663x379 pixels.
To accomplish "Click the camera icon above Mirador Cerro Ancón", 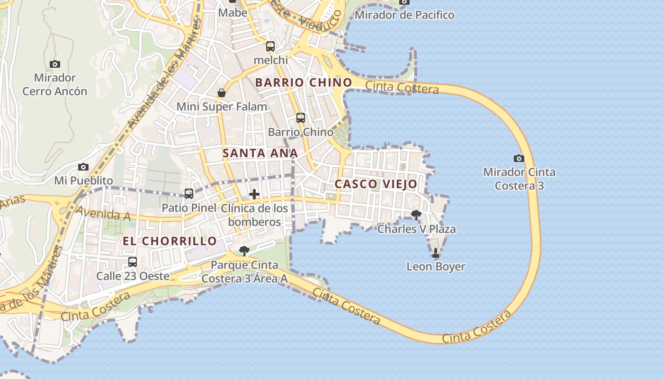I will (55, 64).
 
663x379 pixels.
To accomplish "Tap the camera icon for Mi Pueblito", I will (83, 167).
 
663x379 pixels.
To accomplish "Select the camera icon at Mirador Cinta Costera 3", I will (519, 158).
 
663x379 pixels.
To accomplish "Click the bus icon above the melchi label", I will (270, 46).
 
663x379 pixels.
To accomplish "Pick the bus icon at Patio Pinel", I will (189, 193).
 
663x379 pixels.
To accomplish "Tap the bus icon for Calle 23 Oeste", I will (133, 262).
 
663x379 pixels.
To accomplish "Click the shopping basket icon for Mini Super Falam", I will (222, 93).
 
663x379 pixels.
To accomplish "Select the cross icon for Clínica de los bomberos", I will (254, 194).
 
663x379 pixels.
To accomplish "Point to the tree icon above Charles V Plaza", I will (416, 215).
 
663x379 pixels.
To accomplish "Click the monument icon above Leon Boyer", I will (436, 253).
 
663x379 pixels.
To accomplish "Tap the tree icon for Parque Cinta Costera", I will (244, 251).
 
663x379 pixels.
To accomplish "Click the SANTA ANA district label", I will (260, 153).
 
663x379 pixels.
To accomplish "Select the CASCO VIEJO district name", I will (376, 184).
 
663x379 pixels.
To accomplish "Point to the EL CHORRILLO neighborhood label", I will (170, 241).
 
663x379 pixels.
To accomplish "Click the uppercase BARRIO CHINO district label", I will (304, 82).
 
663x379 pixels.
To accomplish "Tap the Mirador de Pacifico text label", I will (404, 15).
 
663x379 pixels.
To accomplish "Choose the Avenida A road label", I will (103, 214).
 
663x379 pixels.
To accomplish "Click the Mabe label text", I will (233, 13).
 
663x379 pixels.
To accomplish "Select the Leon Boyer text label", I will (436, 267).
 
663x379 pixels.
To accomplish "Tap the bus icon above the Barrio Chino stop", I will (301, 117).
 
